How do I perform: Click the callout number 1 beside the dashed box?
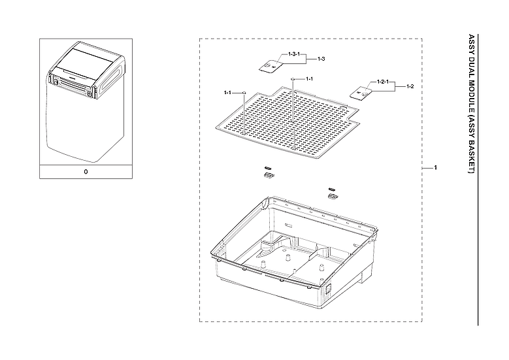[x=435, y=169]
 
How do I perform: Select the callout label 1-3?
[x=321, y=59]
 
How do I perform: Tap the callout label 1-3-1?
[x=293, y=54]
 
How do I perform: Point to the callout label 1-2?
[x=410, y=86]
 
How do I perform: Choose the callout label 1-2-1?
[x=383, y=82]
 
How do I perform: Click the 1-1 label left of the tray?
[x=228, y=93]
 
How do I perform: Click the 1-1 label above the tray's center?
[x=310, y=78]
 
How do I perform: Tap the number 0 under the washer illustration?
[x=86, y=172]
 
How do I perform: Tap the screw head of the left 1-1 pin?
[x=244, y=93]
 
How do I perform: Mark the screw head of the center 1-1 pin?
[x=293, y=78]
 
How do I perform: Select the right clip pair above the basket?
[x=333, y=192]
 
